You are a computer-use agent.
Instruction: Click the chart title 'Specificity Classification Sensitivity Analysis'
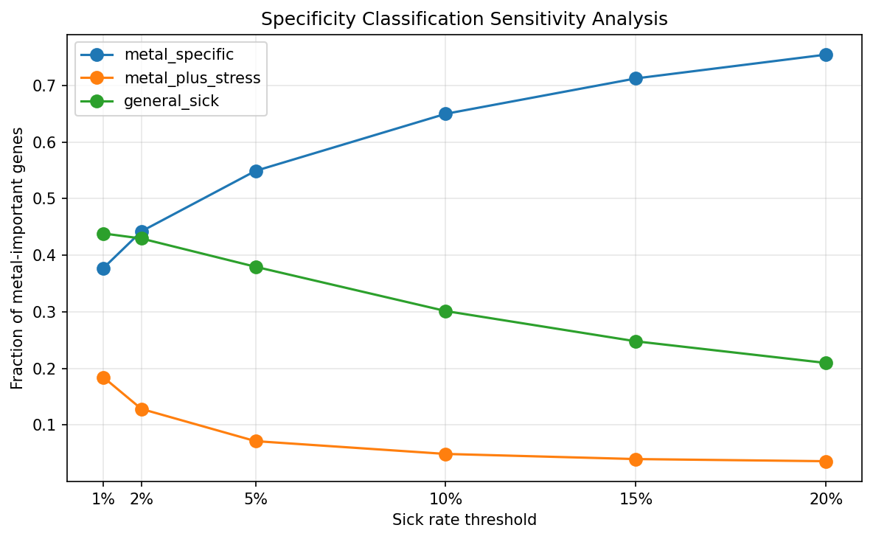pyautogui.click(x=464, y=19)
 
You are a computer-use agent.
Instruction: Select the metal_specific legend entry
pyautogui.click(x=179, y=55)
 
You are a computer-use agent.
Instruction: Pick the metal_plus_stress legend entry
pyautogui.click(x=192, y=78)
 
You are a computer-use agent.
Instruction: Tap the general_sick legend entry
pyautogui.click(x=171, y=101)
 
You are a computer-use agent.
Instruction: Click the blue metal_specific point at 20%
pyautogui.click(x=826, y=55)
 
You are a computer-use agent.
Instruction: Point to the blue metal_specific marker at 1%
pyautogui.click(x=103, y=268)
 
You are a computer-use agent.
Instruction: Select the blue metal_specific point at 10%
pyautogui.click(x=445, y=114)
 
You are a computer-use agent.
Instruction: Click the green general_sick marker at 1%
pyautogui.click(x=103, y=234)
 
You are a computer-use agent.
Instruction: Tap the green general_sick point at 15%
pyautogui.click(x=636, y=341)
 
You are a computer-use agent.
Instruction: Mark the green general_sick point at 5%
pyautogui.click(x=256, y=267)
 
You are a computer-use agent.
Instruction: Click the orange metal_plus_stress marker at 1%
pyautogui.click(x=103, y=378)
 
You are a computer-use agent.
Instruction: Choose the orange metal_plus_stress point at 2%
pyautogui.click(x=142, y=409)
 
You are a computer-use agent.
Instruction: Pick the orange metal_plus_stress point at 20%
pyautogui.click(x=826, y=462)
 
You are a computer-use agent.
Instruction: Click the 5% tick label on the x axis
pyautogui.click(x=256, y=499)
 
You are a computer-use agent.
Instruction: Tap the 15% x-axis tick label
pyautogui.click(x=636, y=499)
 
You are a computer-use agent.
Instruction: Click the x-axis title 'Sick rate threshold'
pyautogui.click(x=464, y=520)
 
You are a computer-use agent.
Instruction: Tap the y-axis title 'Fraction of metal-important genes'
pyautogui.click(x=18, y=258)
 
